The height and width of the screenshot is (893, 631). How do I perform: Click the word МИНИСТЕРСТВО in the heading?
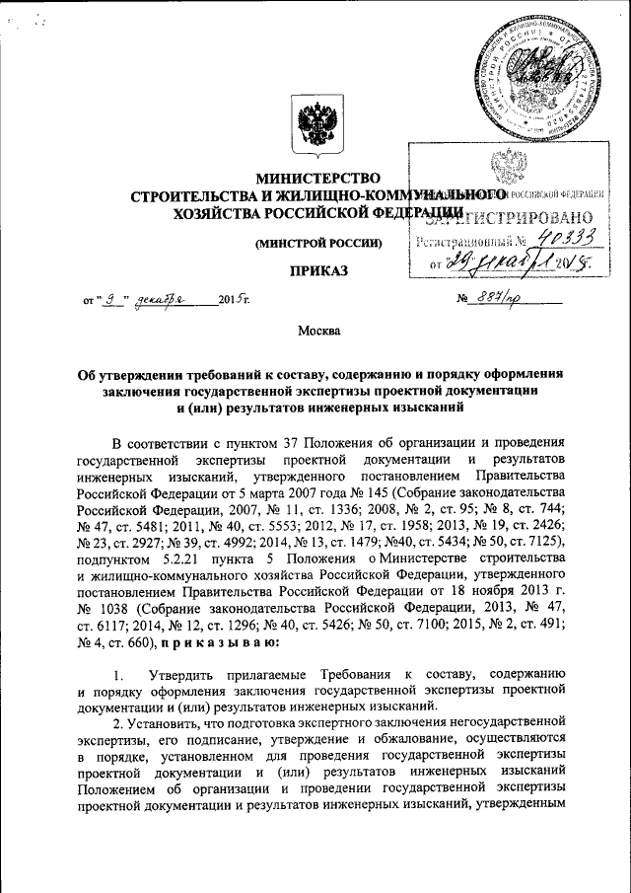[315, 179]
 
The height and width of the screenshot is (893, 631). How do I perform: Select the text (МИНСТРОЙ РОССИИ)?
[317, 244]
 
